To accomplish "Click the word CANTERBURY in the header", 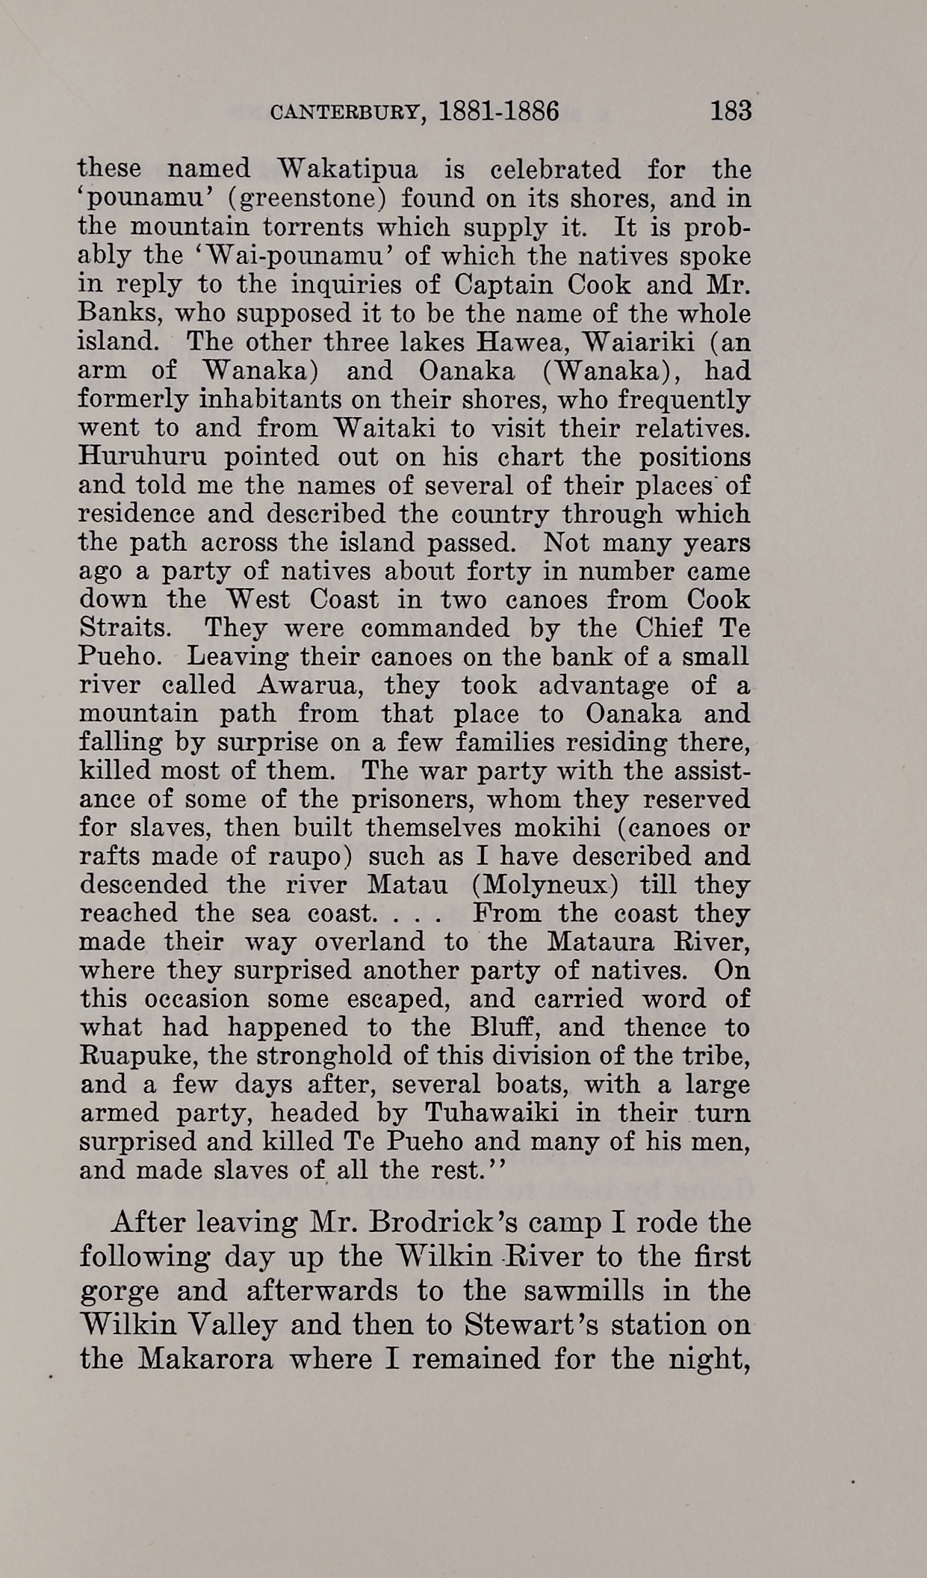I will point(347,113).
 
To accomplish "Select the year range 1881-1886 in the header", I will point(500,111).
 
